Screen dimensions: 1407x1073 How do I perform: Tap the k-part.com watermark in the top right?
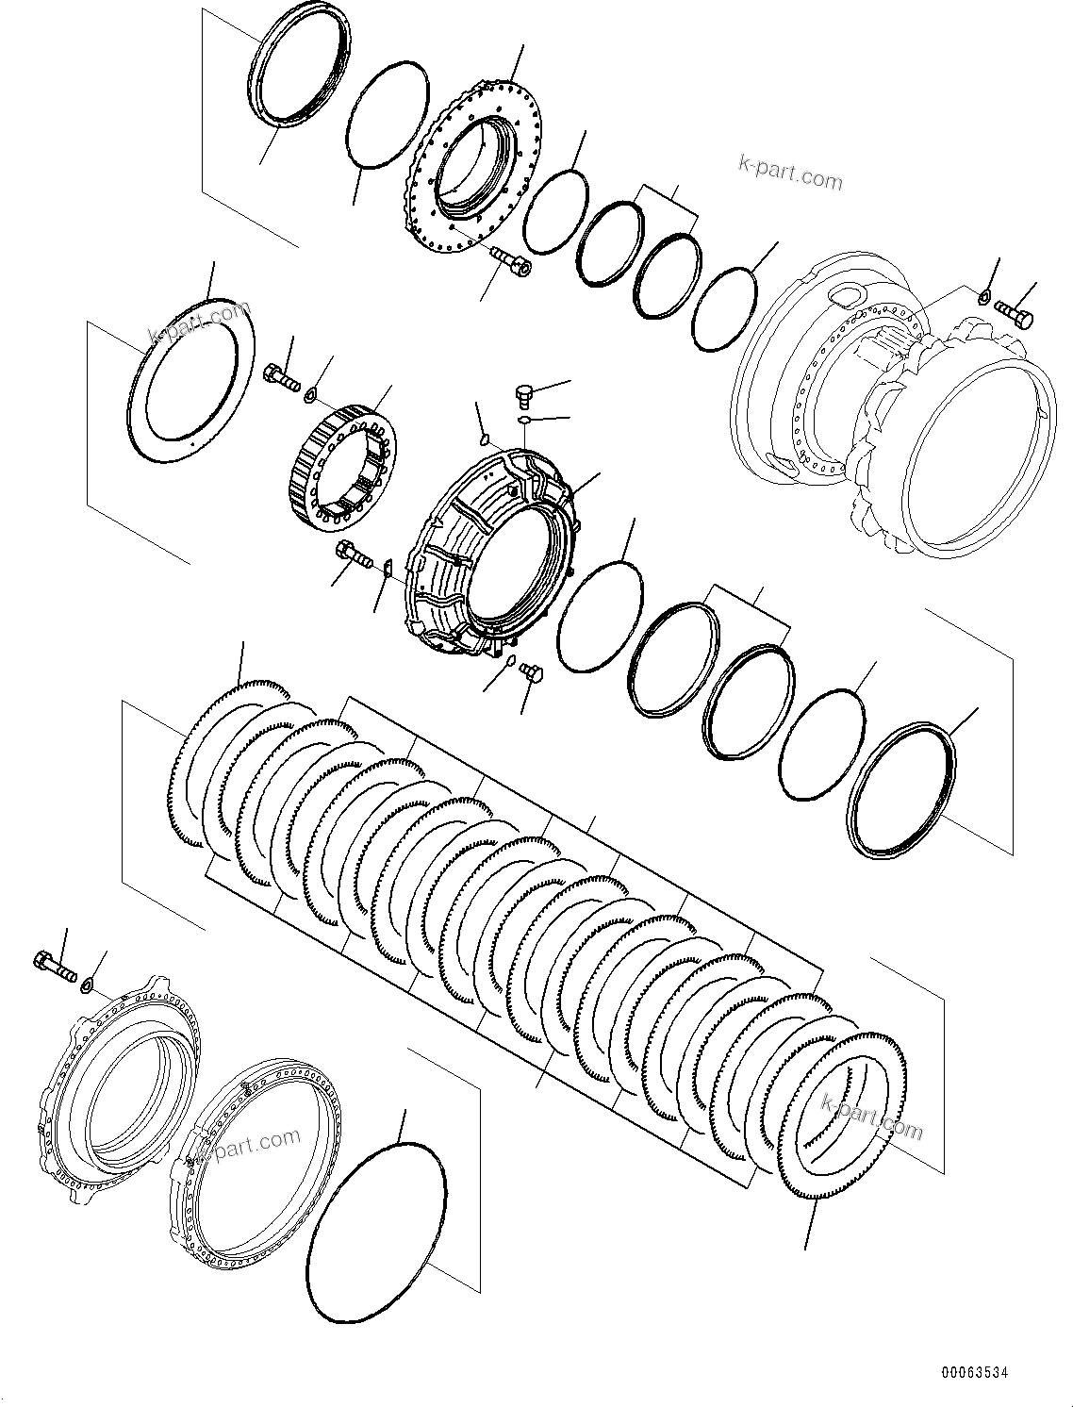click(x=789, y=174)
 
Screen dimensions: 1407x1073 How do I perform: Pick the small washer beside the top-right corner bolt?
click(x=983, y=298)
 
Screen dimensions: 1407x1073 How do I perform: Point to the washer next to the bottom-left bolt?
click(x=87, y=985)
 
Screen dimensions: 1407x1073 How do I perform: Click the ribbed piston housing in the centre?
click(x=490, y=556)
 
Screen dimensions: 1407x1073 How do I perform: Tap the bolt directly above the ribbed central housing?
click(x=525, y=392)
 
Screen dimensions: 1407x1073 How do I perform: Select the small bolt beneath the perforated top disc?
click(x=510, y=261)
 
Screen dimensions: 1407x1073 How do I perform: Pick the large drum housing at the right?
click(x=896, y=406)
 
